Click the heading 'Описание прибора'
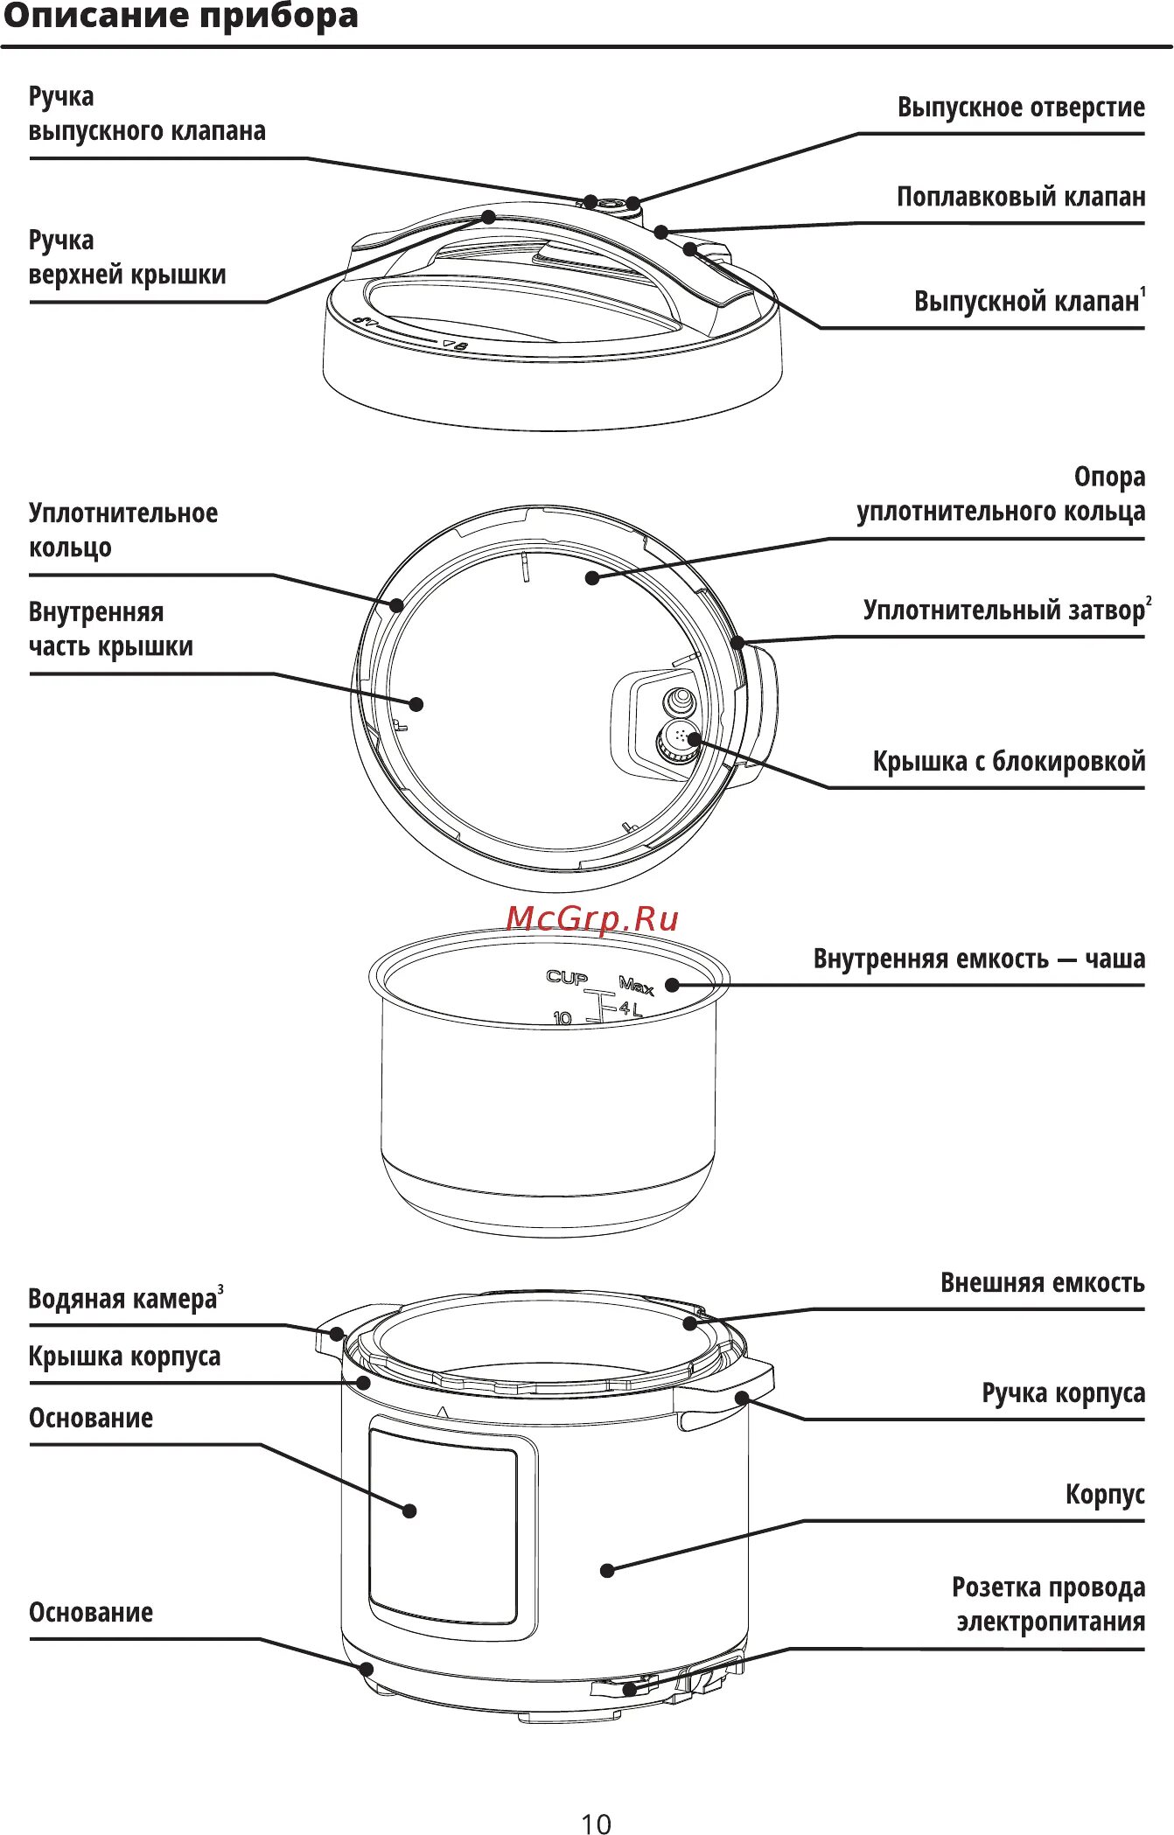[x=181, y=16]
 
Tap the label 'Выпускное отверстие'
[x=1021, y=107]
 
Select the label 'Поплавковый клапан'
[x=1021, y=197]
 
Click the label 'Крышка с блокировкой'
[x=1009, y=761]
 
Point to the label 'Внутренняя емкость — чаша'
[x=979, y=959]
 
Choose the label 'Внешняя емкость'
[x=1042, y=1283]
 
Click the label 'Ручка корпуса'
[x=1063, y=1392]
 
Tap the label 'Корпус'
[x=1105, y=1494]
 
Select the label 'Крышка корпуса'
[x=124, y=1357]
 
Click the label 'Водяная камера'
[x=122, y=1299]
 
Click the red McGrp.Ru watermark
[x=592, y=918]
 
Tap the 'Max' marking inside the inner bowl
[x=636, y=986]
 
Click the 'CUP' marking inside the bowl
[x=567, y=977]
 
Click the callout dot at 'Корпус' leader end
[x=607, y=1570]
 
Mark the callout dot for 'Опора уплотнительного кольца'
[x=592, y=577]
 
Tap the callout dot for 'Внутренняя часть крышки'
[x=416, y=704]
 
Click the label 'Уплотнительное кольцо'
[x=122, y=530]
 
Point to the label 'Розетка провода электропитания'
[x=1048, y=1603]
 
